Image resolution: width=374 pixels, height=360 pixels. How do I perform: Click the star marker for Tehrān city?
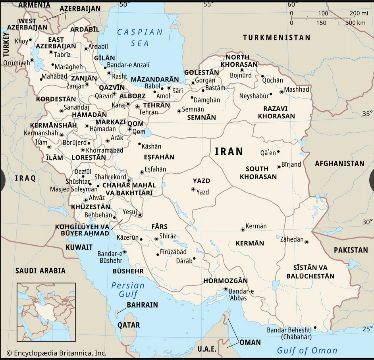tap(138, 106)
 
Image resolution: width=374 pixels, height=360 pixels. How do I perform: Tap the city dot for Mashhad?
tap(281, 92)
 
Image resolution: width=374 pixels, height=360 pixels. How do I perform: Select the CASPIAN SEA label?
tap(140, 37)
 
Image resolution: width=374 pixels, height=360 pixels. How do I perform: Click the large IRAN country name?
tap(229, 151)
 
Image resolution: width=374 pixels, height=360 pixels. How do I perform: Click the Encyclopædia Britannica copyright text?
tap(56, 353)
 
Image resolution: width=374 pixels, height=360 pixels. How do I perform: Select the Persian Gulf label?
tap(128, 290)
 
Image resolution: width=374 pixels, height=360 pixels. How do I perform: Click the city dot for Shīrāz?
tap(156, 239)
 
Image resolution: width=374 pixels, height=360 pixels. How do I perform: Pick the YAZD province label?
tap(201, 181)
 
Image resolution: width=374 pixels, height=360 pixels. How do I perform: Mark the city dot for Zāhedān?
tap(306, 242)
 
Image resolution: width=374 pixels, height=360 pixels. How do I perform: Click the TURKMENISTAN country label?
tap(277, 38)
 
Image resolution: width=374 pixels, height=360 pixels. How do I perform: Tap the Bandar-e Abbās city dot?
tap(226, 289)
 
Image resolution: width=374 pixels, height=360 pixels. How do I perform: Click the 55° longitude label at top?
tap(208, 4)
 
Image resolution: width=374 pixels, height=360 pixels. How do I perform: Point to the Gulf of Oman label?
tap(307, 350)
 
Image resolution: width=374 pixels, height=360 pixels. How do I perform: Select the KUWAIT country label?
tap(79, 247)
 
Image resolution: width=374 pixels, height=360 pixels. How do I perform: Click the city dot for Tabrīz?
tap(51, 52)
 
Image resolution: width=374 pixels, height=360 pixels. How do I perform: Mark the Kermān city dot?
tap(243, 229)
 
